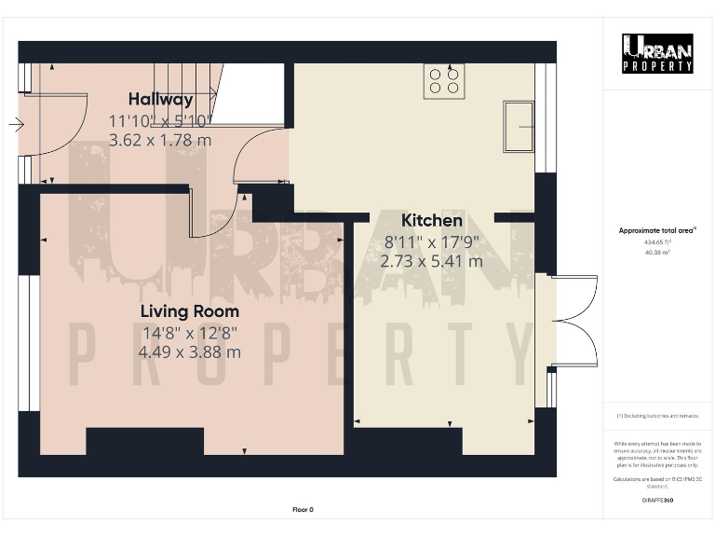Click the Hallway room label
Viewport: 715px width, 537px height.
coord(160,99)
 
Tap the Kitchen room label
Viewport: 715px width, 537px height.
coord(431,221)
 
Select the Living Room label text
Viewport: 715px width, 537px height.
coord(189,311)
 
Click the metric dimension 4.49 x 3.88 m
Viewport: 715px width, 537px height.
coord(189,352)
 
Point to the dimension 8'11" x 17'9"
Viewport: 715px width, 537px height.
coord(431,241)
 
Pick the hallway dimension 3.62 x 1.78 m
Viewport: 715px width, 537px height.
coord(160,140)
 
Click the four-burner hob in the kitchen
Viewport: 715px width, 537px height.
coord(444,81)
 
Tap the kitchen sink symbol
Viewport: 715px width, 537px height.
coord(519,126)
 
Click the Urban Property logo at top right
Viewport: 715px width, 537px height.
coord(657,53)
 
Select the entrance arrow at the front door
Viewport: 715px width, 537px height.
coord(16,123)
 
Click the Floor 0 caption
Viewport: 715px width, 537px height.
coord(303,509)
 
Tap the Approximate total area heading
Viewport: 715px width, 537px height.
coord(657,230)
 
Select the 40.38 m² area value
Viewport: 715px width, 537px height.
coord(657,251)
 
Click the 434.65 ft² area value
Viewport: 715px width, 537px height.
coord(657,241)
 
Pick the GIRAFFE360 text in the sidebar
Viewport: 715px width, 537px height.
coord(657,501)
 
